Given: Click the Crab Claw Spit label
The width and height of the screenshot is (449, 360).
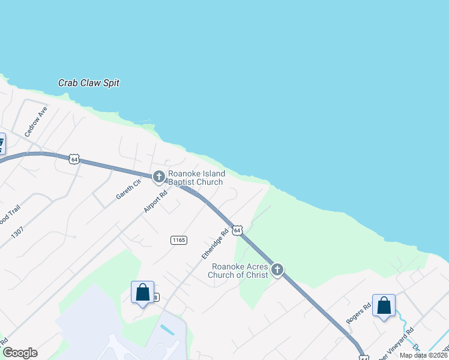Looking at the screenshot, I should pyautogui.click(x=89, y=83).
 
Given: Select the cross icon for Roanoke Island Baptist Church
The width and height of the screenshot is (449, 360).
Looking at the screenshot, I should pyautogui.click(x=159, y=176).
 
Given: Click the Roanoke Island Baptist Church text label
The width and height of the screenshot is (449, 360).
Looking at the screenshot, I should pyautogui.click(x=195, y=178).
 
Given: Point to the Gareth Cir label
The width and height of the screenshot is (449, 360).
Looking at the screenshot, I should pyautogui.click(x=128, y=189).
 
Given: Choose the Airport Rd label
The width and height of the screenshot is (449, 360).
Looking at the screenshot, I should pyautogui.click(x=154, y=200).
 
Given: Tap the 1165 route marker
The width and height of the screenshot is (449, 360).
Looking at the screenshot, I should pyautogui.click(x=179, y=240).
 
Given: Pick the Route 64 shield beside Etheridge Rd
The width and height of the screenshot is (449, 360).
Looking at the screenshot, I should pyautogui.click(x=238, y=230).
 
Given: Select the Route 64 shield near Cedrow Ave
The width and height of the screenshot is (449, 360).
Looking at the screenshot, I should pyautogui.click(x=74, y=158).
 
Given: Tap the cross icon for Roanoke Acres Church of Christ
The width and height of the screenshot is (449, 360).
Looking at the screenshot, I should pyautogui.click(x=277, y=270).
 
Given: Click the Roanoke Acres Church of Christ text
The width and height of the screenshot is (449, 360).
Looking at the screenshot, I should pyautogui.click(x=238, y=271).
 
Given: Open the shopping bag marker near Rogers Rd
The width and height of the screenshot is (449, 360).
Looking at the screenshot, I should pyautogui.click(x=384, y=305).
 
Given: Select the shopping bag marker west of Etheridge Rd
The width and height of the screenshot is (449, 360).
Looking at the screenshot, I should pyautogui.click(x=142, y=292).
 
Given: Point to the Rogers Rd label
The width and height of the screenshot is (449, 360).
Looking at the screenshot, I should pyautogui.click(x=355, y=313).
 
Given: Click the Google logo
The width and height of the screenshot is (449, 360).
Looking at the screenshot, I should pyautogui.click(x=19, y=353).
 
